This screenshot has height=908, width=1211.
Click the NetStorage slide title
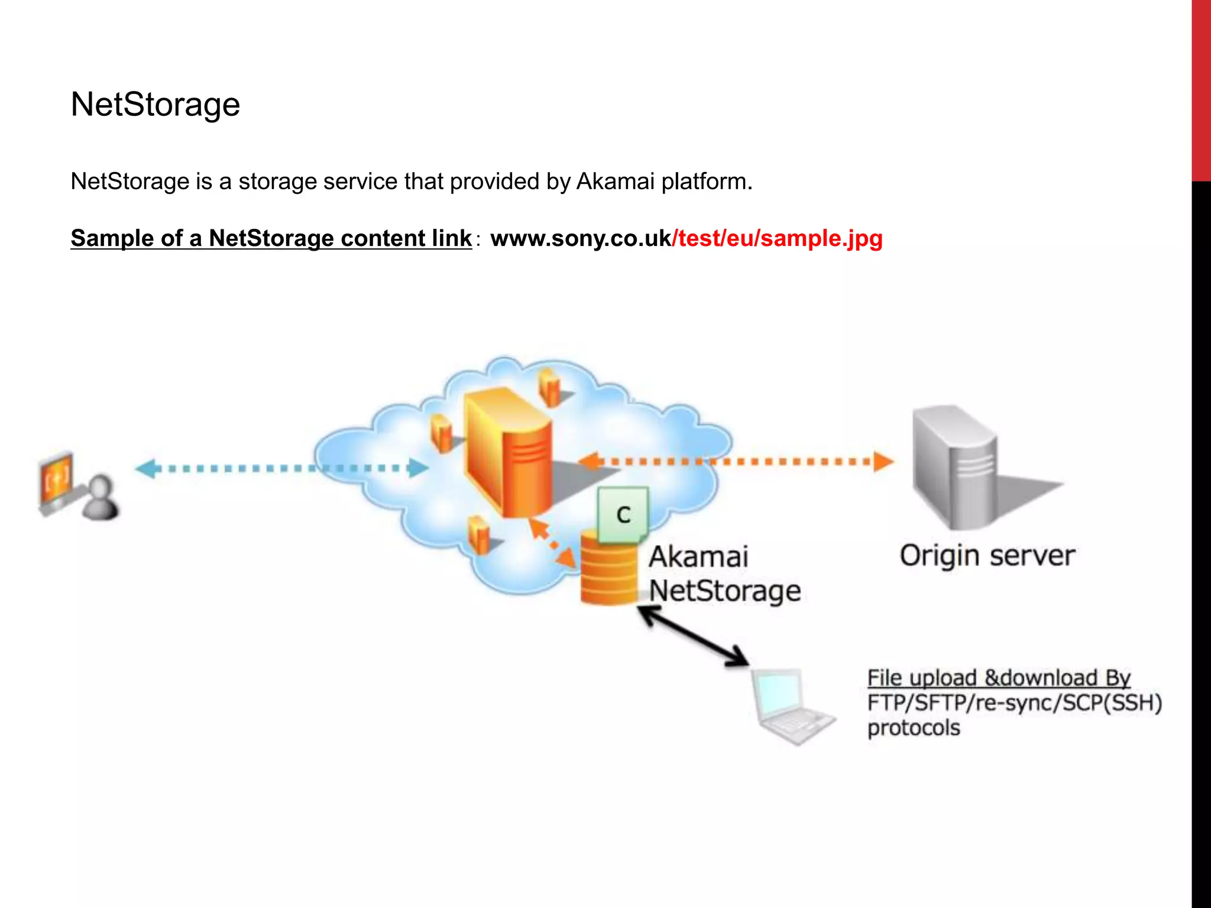coord(155,105)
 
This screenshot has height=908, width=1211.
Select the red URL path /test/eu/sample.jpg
coord(778,238)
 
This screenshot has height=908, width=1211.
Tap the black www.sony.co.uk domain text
coord(581,238)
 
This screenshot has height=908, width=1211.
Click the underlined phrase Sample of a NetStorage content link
coord(271,238)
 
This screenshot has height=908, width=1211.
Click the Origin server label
coord(987,556)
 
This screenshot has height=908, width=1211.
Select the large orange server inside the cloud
coord(509,452)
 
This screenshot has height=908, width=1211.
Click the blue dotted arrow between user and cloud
coord(281,469)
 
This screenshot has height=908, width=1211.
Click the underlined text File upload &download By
coord(998,678)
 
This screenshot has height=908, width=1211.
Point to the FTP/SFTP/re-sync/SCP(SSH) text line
coord(1014,703)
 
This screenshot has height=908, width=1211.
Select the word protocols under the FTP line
coord(913,728)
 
